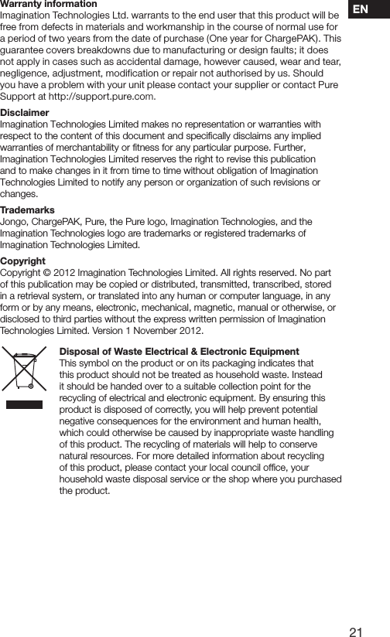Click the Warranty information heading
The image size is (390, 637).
click(49, 5)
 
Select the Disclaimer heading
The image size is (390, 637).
click(25, 113)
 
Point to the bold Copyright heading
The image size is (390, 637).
click(22, 261)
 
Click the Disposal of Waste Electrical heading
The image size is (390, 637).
click(179, 352)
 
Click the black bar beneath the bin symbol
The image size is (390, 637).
click(25, 403)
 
